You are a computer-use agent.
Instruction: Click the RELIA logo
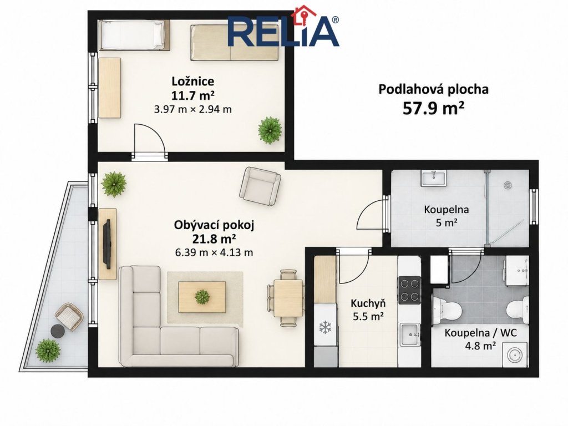tap(283, 27)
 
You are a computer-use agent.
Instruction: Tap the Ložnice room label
tap(192, 81)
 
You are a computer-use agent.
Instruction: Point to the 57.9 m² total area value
tap(433, 108)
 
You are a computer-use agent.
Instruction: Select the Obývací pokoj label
tap(214, 225)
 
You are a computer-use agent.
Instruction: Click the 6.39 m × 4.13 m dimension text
tap(214, 252)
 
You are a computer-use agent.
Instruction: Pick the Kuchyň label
tap(368, 303)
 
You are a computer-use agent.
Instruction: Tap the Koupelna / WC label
tap(481, 333)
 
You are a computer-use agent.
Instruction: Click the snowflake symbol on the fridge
tap(325, 327)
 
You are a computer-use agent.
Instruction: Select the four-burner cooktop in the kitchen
tap(410, 290)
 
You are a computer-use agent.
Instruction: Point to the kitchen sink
tap(410, 334)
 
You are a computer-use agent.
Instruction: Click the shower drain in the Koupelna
tap(508, 185)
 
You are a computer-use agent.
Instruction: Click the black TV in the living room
tap(107, 244)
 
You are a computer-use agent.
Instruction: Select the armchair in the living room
tap(260, 186)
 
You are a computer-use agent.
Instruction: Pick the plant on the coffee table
tap(202, 297)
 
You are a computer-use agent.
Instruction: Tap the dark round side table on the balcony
tap(58, 331)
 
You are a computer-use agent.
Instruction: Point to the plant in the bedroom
tap(270, 130)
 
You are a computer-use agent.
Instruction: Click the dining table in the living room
tap(288, 298)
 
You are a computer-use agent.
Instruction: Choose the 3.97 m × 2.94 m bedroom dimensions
tap(192, 109)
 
